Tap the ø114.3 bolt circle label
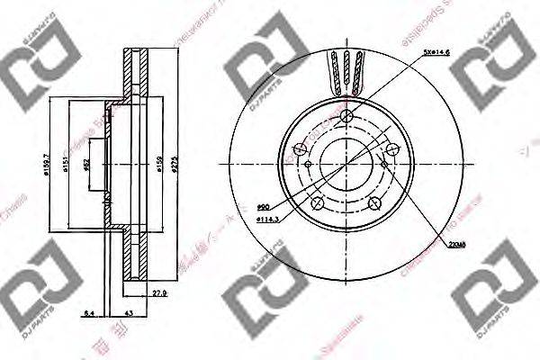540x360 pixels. [x=266, y=219]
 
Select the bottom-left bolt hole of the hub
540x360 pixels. [x=317, y=205]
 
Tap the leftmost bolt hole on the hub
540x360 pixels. [x=301, y=150]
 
